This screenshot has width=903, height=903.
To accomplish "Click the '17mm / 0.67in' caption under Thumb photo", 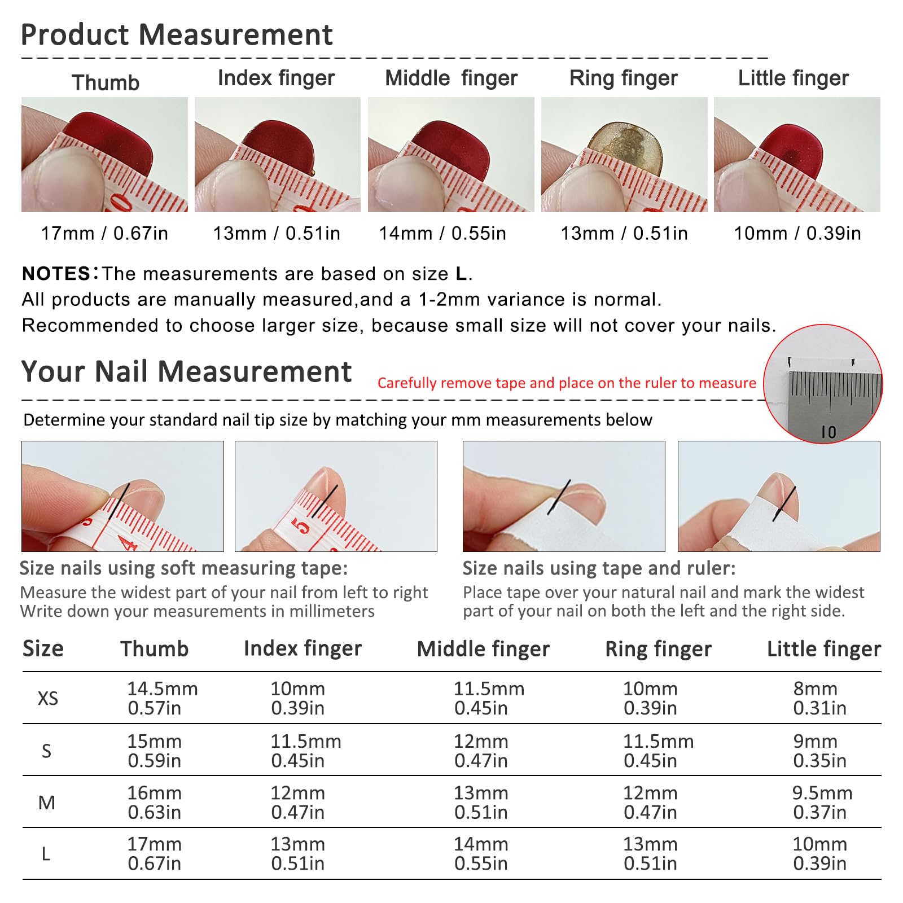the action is click(104, 233).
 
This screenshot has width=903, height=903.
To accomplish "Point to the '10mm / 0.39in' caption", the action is click(797, 233).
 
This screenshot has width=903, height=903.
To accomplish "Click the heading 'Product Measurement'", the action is click(177, 34).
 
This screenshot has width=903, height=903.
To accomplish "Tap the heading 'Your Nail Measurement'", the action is click(186, 372).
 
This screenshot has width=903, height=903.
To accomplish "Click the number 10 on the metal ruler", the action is click(829, 432).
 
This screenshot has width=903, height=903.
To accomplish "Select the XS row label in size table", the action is click(48, 699).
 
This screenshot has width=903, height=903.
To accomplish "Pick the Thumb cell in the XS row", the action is click(163, 698).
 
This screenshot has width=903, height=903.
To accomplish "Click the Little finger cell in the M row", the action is click(822, 803).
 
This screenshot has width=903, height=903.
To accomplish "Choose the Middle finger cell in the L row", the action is click(481, 854).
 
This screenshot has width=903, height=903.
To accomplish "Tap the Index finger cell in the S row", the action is click(306, 751).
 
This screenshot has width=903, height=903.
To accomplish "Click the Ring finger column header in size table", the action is click(659, 649).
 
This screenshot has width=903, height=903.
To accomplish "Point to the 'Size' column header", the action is click(43, 649).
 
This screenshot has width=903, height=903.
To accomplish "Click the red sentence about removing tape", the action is click(567, 383).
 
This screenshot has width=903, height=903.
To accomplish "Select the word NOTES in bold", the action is click(56, 274).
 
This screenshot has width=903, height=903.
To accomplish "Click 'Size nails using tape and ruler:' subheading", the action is click(599, 568).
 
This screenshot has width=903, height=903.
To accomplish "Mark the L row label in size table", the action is click(46, 854).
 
